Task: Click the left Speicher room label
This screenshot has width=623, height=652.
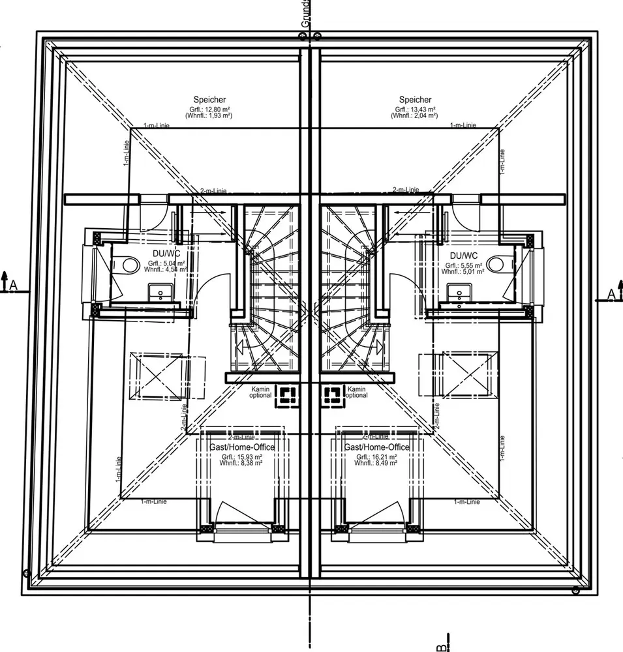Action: coord(209,100)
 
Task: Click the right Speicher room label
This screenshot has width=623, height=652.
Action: coord(415,100)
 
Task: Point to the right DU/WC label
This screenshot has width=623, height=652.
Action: coord(463,255)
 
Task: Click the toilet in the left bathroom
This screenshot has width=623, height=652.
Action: coord(130,264)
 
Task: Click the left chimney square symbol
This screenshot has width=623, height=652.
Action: coord(288,394)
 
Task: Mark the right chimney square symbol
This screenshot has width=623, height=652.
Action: coord(332,394)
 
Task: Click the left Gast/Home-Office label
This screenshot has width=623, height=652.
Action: coord(241,447)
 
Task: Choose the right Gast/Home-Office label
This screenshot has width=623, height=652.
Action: coord(377,447)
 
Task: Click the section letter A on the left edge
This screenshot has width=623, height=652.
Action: coord(12,285)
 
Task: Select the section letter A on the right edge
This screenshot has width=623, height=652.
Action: coord(611,294)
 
